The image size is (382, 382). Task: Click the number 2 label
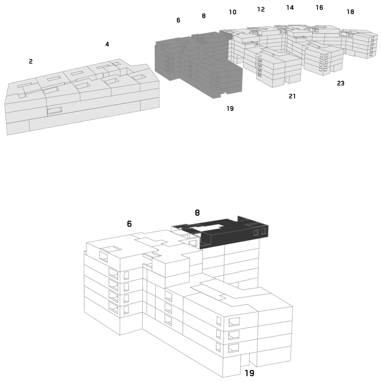31,62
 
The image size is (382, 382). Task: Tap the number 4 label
107,44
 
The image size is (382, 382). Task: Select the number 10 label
233,12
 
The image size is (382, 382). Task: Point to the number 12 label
261,9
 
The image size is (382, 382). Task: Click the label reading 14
290,8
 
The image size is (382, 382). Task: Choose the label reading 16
319,8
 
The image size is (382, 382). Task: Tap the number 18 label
350,11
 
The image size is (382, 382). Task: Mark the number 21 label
292,96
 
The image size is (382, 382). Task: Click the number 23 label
340,83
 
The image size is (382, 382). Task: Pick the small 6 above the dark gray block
178,20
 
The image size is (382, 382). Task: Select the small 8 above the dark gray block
204,16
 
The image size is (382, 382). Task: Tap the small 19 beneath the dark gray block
230,108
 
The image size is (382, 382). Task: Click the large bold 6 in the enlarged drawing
129,223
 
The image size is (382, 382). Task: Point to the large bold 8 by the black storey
197,212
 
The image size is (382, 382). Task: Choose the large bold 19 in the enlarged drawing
249,373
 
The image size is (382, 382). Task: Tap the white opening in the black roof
210,228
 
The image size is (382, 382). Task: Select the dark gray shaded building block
199,64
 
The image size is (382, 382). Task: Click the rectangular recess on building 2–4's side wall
54,111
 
